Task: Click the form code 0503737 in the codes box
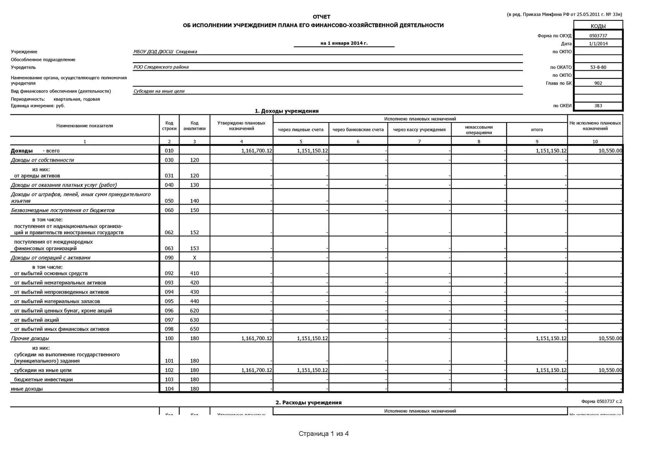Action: (598, 36)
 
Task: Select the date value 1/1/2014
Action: (598, 43)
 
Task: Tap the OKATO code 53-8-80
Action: (598, 67)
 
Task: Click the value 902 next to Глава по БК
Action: (598, 83)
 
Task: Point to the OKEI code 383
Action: (598, 106)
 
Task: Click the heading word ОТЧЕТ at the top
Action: (321, 17)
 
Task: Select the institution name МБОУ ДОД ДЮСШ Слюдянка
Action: (165, 52)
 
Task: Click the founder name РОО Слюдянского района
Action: (161, 67)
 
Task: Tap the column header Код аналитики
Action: (194, 126)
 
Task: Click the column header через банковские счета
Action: (358, 130)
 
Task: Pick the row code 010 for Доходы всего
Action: (169, 151)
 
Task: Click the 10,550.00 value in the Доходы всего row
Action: (610, 151)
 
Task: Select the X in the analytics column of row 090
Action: (194, 258)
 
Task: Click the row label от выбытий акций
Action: (36, 320)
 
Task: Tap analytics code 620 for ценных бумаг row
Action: (194, 311)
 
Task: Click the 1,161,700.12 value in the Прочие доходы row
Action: (257, 338)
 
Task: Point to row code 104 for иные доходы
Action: (169, 389)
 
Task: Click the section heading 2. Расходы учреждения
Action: (308, 402)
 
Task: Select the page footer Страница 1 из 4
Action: (323, 434)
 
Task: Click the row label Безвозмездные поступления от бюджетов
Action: (63, 210)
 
